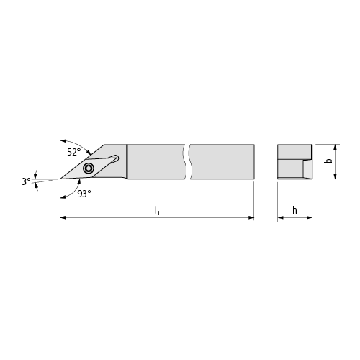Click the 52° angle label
(x=74, y=152)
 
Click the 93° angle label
(x=84, y=194)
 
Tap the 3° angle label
(x=26, y=181)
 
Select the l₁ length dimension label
(x=157, y=210)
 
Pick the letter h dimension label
(x=294, y=210)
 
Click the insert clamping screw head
(x=89, y=168)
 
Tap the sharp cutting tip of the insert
(x=60, y=179)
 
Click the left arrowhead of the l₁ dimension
(x=63, y=217)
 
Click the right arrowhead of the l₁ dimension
(x=251, y=217)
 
